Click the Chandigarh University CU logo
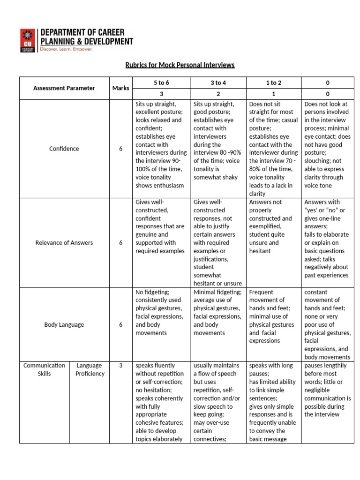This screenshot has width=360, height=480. click(x=28, y=40)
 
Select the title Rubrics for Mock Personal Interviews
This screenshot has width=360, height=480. click(x=180, y=65)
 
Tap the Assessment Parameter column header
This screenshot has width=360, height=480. click(x=64, y=88)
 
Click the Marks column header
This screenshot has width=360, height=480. click(x=121, y=88)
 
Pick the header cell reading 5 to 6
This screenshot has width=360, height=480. click(x=161, y=82)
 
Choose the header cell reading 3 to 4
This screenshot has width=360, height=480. click(x=218, y=82)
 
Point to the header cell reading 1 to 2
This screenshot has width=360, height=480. click(x=273, y=82)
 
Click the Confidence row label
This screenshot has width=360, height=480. click(x=64, y=149)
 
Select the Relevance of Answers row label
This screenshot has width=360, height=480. click(x=64, y=243)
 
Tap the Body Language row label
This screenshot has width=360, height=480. click(x=64, y=324)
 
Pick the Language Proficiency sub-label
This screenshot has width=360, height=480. click(x=90, y=369)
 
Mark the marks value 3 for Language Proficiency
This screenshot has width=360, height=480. click(x=121, y=366)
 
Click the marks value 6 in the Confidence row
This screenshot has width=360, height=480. click(x=121, y=149)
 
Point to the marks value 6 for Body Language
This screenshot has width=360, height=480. click(x=121, y=324)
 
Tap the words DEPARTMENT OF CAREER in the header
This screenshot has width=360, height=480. click(x=82, y=32)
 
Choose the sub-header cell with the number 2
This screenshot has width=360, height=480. click(x=218, y=94)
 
